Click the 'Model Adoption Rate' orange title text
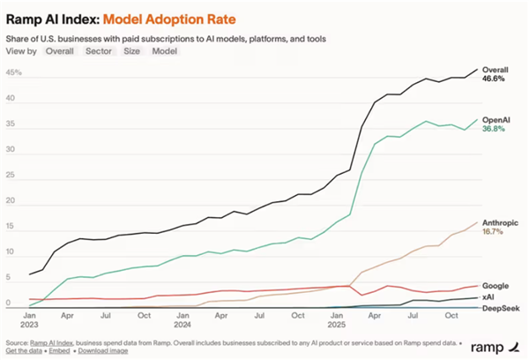click(x=171, y=17)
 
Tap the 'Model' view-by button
click(x=165, y=51)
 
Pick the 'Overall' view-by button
click(x=60, y=51)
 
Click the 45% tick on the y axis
click(x=13, y=73)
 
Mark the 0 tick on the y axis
click(x=9, y=304)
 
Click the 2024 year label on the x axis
click(x=184, y=324)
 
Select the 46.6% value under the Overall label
click(x=494, y=79)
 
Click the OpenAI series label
click(x=495, y=118)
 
